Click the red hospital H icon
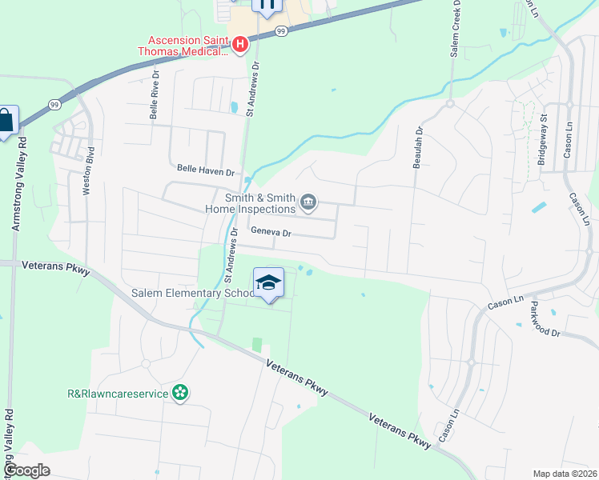point(239,44)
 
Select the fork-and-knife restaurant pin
point(267,5)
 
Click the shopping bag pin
point(6,122)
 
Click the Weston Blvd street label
point(89,170)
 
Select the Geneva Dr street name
point(270,233)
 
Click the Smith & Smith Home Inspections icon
point(308,204)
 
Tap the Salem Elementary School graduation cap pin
point(268,283)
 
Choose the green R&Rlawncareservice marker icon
point(180,393)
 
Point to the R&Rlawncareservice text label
point(118,393)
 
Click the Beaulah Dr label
point(417,147)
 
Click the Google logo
point(27,470)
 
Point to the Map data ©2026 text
point(565,474)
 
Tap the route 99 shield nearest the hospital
point(280,30)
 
